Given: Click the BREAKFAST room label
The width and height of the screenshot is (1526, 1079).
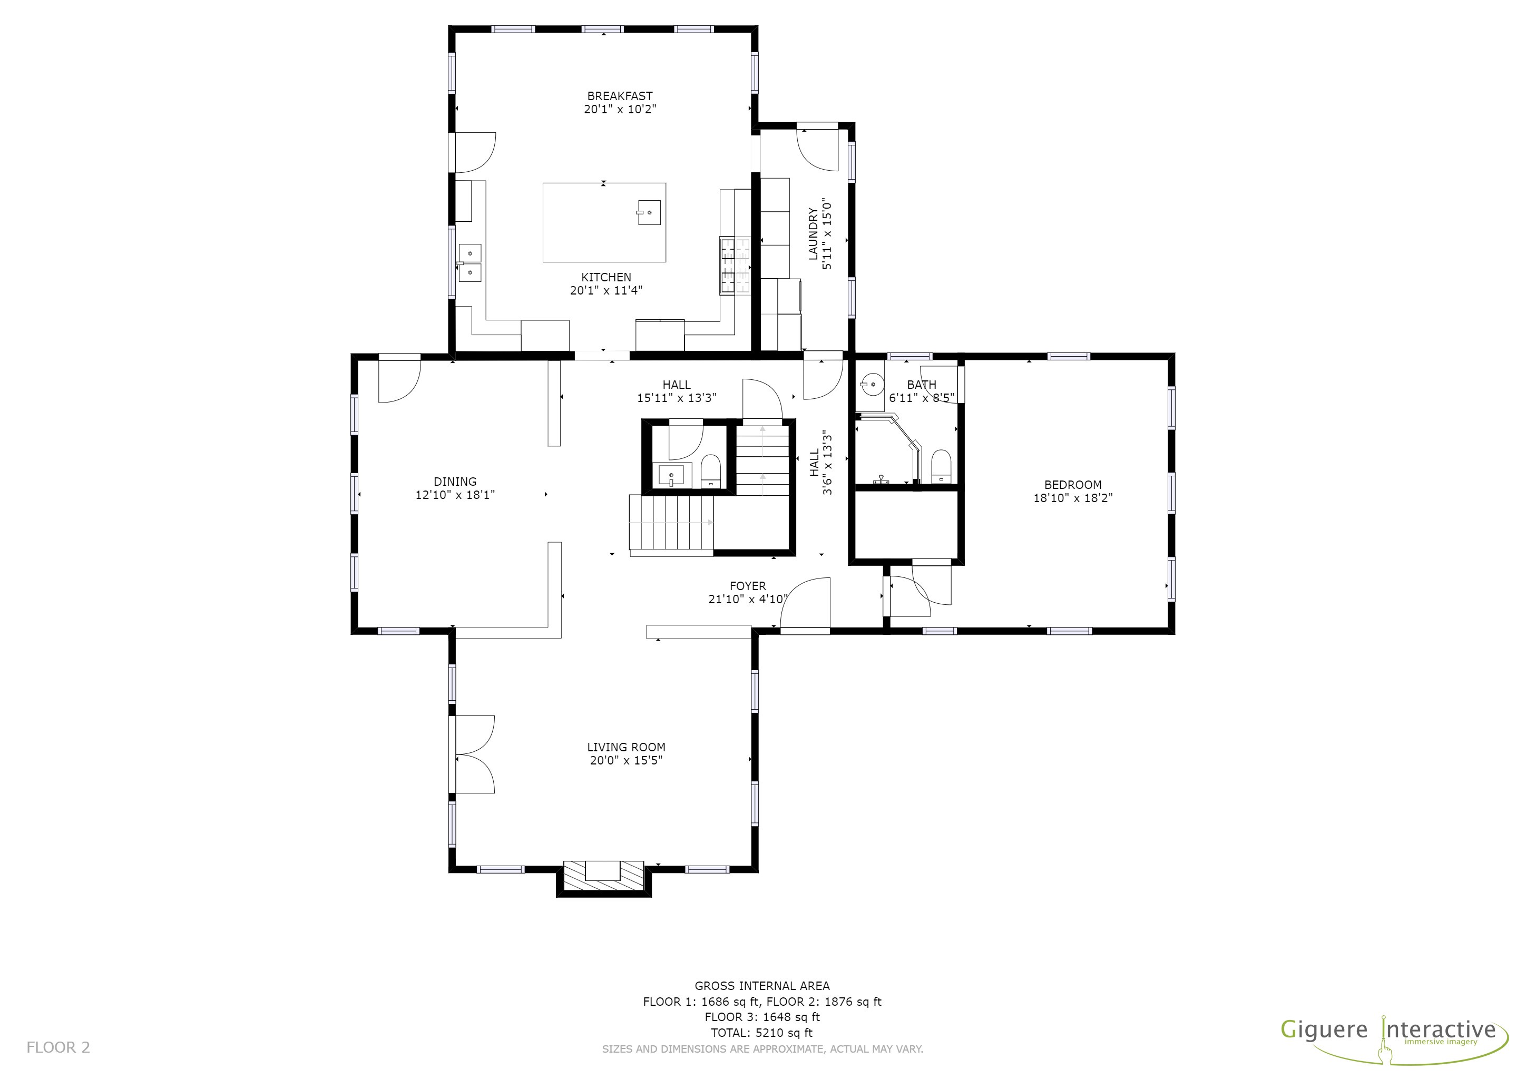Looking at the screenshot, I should (x=620, y=96).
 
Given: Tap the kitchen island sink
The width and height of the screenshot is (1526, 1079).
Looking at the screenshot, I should (x=649, y=213).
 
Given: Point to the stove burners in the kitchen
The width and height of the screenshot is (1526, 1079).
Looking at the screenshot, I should (x=735, y=266).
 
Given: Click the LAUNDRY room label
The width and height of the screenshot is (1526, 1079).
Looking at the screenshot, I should (x=813, y=234).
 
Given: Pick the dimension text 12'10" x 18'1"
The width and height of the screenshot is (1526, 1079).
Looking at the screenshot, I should (x=455, y=495).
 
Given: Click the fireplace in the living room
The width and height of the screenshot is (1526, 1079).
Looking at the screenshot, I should (x=603, y=877).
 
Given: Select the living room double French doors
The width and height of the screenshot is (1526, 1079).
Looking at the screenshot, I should (x=473, y=754).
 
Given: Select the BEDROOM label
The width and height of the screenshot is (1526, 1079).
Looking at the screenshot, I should (x=1073, y=485).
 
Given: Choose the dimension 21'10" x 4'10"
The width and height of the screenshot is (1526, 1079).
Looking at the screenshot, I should (x=748, y=599).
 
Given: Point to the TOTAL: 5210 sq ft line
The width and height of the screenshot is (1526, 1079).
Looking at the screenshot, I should (x=761, y=1033).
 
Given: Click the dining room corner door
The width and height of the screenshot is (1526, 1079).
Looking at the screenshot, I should (x=399, y=380).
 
